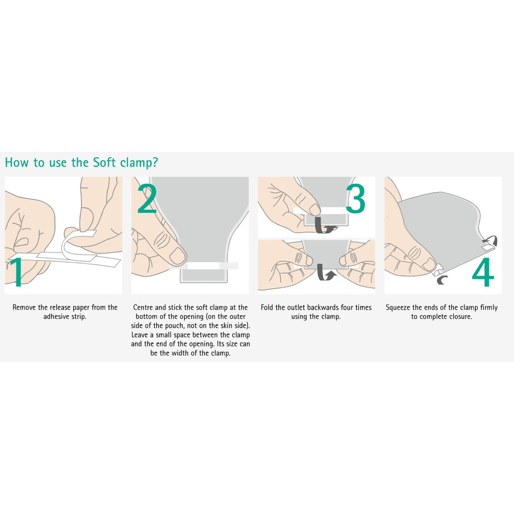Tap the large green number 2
click(147, 199)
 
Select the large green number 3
click(356, 199)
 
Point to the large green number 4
click(483, 272)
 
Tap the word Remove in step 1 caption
click(24, 308)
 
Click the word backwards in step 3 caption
click(323, 308)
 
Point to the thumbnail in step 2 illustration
click(177, 255)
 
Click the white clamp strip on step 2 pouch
click(203, 265)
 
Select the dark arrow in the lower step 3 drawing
click(325, 273)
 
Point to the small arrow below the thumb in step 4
click(442, 280)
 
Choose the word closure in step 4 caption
click(461, 317)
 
